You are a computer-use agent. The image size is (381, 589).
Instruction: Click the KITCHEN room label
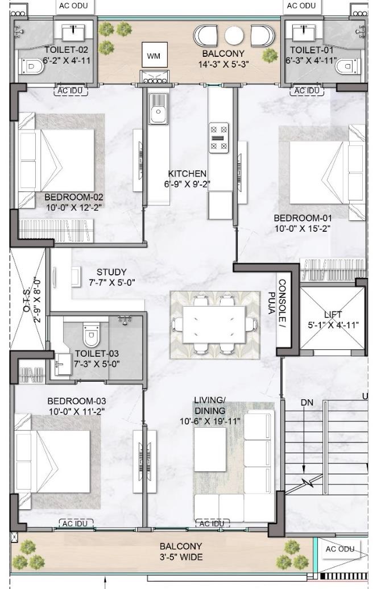[187, 173]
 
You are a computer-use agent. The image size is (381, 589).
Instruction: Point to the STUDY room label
[111, 272]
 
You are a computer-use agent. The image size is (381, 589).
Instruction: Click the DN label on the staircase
[307, 402]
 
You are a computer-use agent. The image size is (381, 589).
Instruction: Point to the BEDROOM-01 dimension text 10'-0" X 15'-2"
[302, 228]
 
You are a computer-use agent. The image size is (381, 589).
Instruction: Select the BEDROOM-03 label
[77, 401]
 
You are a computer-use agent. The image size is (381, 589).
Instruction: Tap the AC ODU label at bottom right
[339, 549]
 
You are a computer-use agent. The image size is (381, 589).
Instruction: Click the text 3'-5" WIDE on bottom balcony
[181, 557]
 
